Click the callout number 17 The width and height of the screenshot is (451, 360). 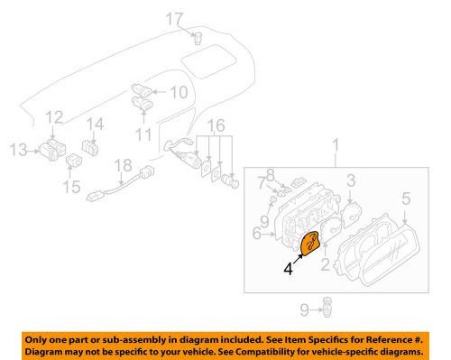pyautogui.click(x=172, y=17)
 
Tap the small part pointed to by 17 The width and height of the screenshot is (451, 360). pyautogui.click(x=198, y=37)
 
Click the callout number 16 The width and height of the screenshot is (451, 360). pyautogui.click(x=215, y=124)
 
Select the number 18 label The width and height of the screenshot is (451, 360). pyautogui.click(x=123, y=165)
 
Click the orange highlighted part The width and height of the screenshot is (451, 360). pyautogui.click(x=310, y=245)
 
